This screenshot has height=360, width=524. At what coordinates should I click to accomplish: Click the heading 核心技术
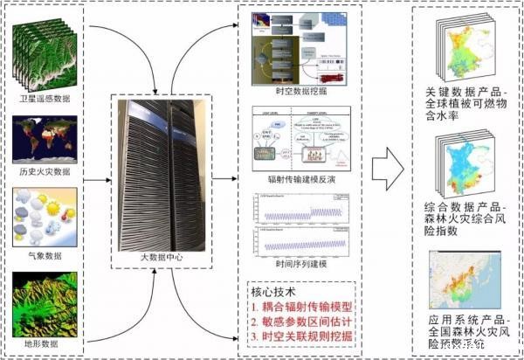(274, 290)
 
